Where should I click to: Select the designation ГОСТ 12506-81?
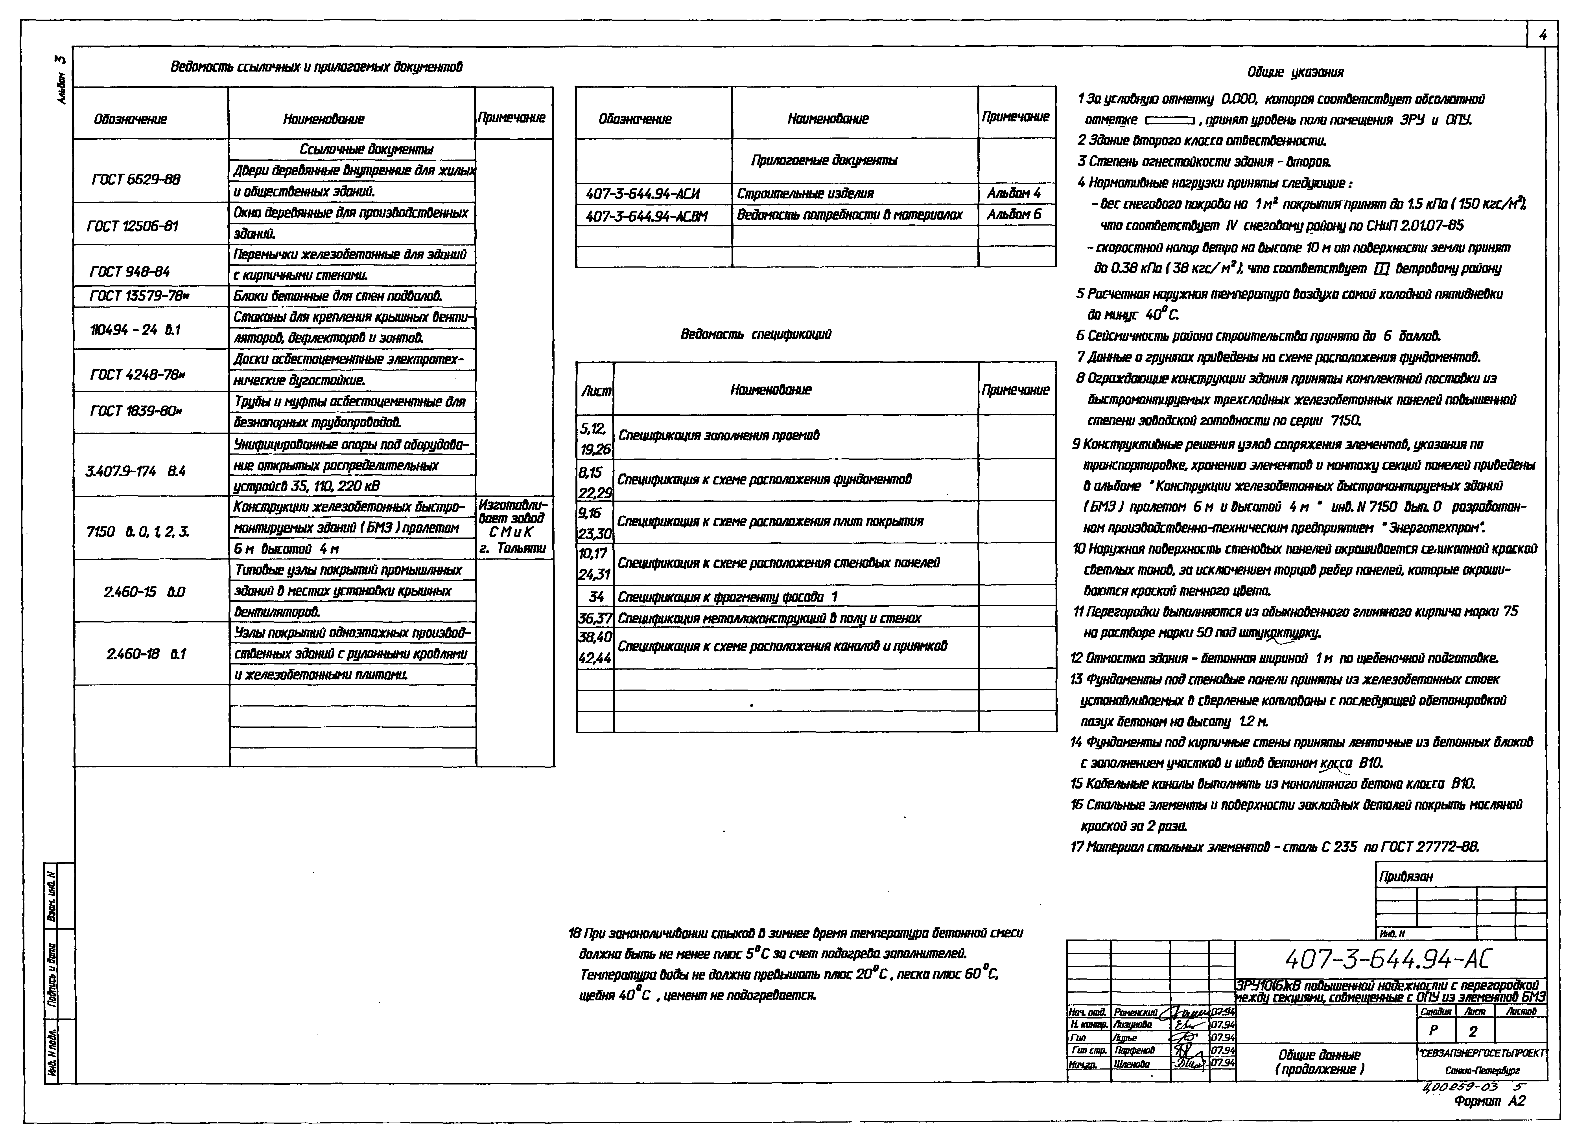click(x=133, y=226)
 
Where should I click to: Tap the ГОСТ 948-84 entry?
click(x=130, y=271)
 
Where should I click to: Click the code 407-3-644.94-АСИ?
click(x=642, y=194)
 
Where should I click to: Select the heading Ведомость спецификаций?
click(x=756, y=334)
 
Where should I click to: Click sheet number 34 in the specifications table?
click(x=596, y=597)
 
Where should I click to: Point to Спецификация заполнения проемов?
click(x=719, y=435)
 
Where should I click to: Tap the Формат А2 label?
click(x=1489, y=1101)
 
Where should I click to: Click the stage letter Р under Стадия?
click(x=1434, y=1031)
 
